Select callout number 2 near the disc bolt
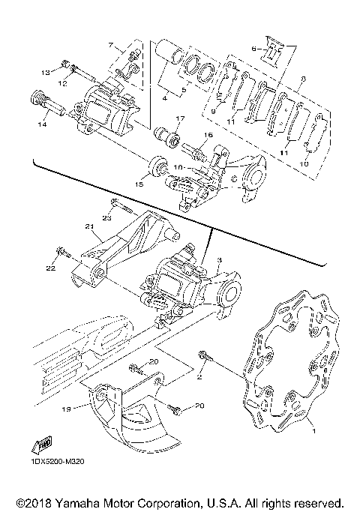click(200, 379)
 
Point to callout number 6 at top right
click(254, 49)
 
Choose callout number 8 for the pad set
click(301, 78)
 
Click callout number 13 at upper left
click(46, 72)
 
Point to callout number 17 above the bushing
click(180, 118)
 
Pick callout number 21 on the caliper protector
click(88, 228)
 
